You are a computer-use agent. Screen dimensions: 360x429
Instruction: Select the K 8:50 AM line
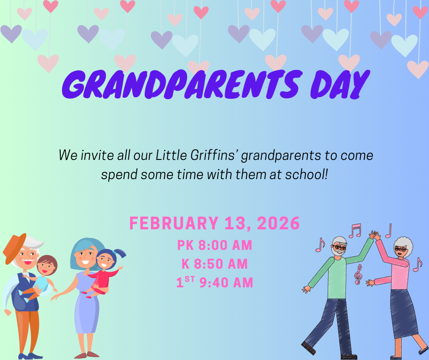(214, 264)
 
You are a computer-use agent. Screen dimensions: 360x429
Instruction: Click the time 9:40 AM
(225, 283)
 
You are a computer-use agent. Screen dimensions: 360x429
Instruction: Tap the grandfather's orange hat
(14, 247)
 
